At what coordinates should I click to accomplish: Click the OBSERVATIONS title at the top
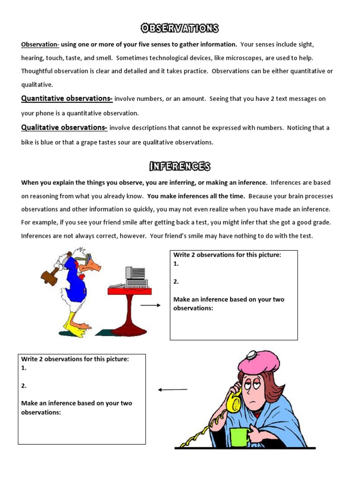[x=180, y=29]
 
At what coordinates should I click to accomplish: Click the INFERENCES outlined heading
[x=180, y=166]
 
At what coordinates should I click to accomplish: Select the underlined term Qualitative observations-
[x=64, y=127]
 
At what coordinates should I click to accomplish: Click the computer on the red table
[x=135, y=277]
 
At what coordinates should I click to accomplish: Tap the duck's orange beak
[x=94, y=266]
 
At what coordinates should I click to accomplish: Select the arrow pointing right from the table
[x=150, y=305]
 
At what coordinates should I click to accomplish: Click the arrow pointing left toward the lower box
[x=172, y=389]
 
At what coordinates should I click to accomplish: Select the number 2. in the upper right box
[x=176, y=281]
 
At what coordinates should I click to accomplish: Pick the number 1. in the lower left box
[x=24, y=368]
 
